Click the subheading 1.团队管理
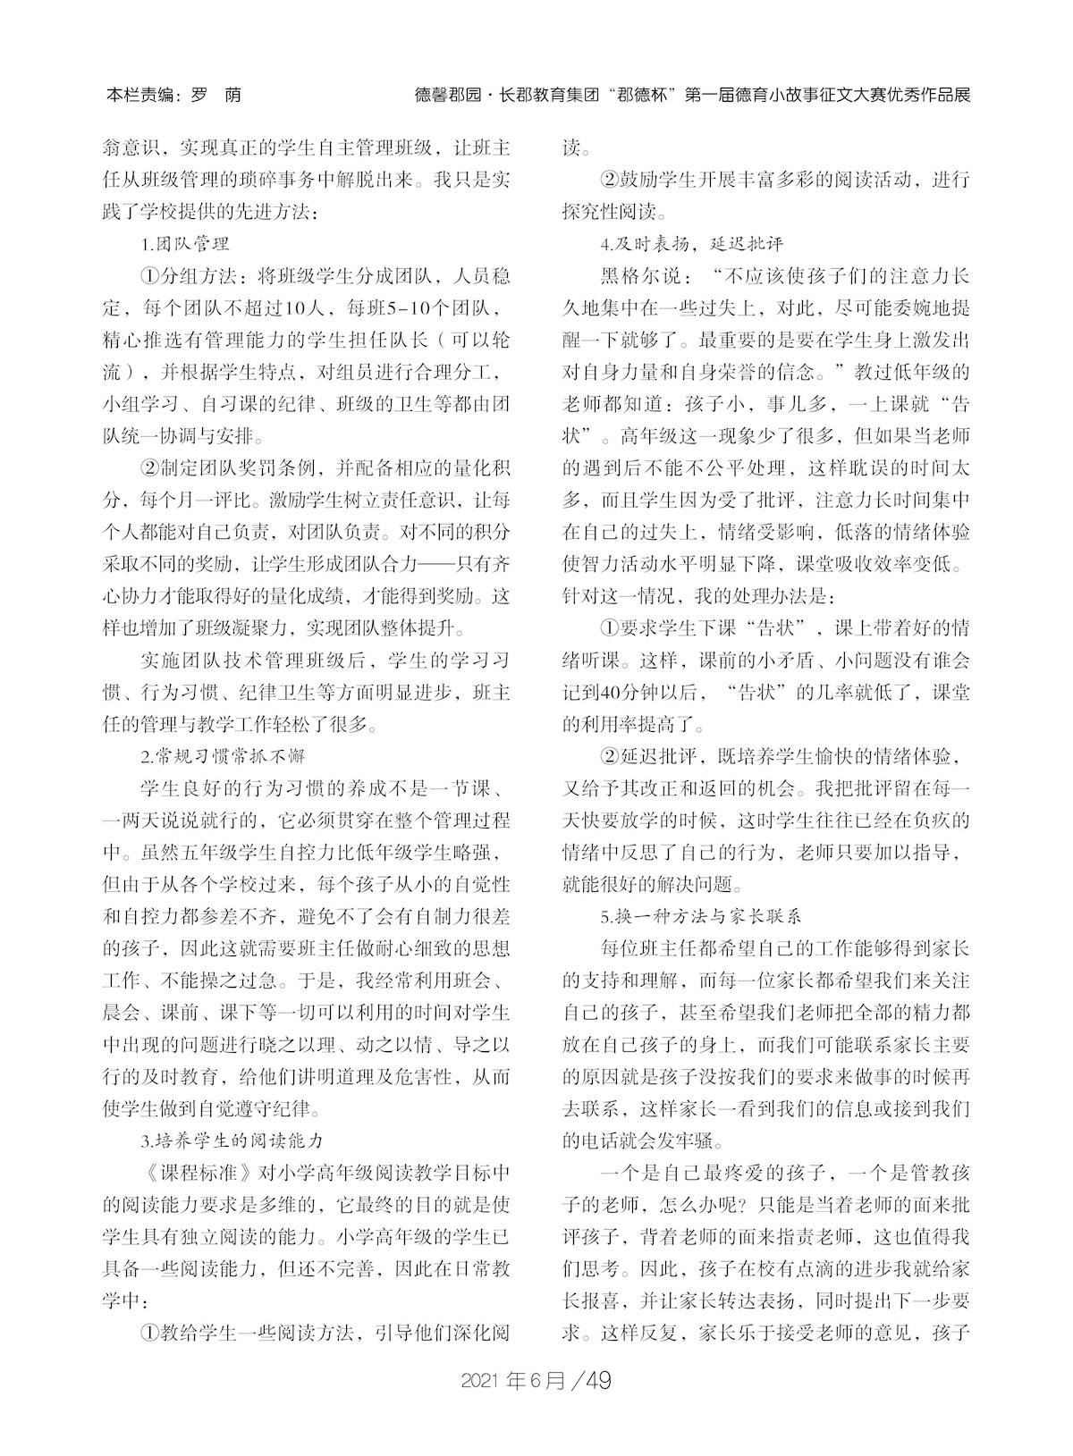(185, 243)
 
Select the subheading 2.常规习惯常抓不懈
(223, 756)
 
